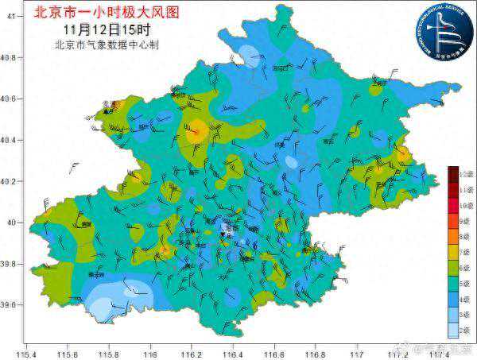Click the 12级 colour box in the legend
click(x=452, y=173)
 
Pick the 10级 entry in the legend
click(x=452, y=205)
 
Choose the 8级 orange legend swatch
click(x=452, y=236)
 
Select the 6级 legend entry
click(x=452, y=268)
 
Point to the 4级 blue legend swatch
click(x=452, y=299)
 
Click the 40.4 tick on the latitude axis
click(x=10, y=141)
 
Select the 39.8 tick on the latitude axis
click(x=10, y=264)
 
